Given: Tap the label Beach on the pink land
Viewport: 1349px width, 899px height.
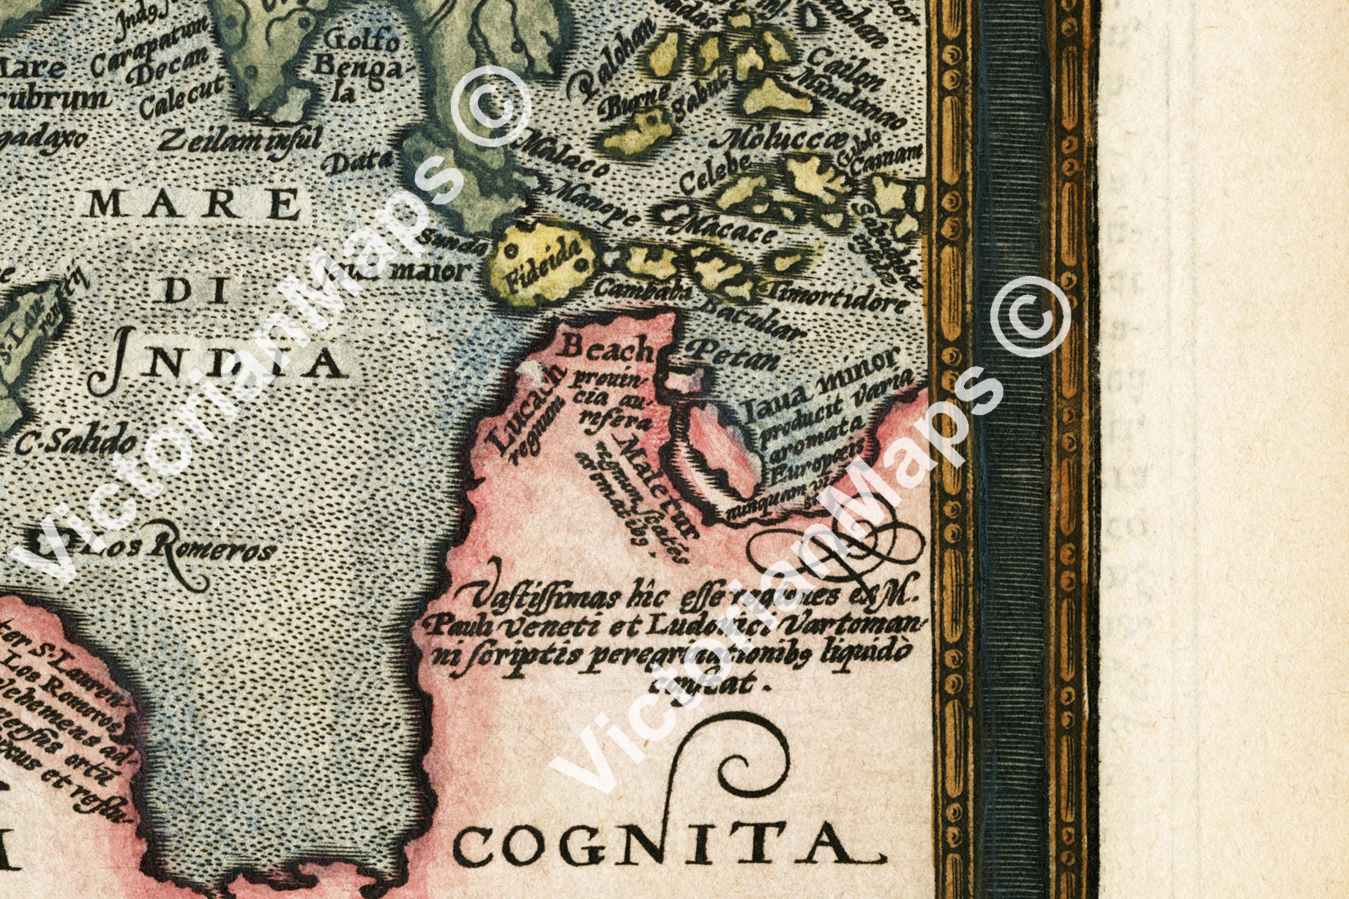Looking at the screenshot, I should (606, 349).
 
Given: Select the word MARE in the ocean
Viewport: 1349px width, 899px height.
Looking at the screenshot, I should (194, 204).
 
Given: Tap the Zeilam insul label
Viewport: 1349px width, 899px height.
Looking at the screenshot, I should (239, 139).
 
